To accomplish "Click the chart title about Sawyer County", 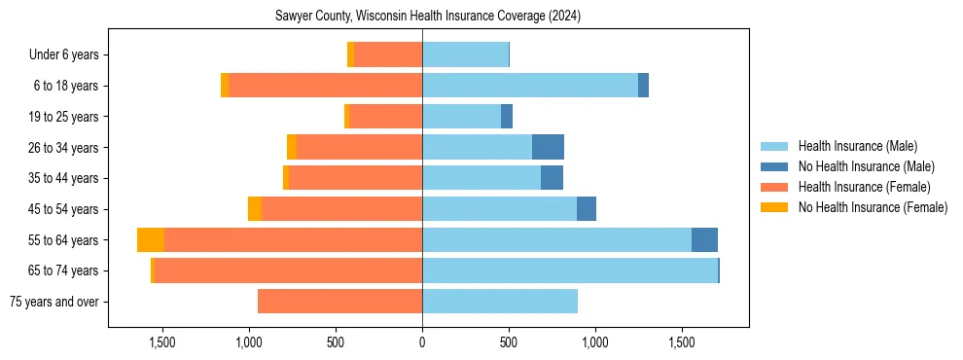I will pyautogui.click(x=429, y=17).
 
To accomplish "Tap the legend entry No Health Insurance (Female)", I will pyautogui.click(x=872, y=207).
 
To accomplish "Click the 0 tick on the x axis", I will pyautogui.click(x=422, y=342).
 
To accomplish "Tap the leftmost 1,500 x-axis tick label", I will pyautogui.click(x=162, y=342).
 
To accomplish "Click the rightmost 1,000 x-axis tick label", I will pyautogui.click(x=595, y=342).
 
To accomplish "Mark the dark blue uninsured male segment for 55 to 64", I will pyautogui.click(x=704, y=240).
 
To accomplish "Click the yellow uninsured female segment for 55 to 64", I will pyautogui.click(x=151, y=240).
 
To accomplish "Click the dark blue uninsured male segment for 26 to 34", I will pyautogui.click(x=548, y=147).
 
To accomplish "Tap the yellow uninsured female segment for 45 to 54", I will pyautogui.click(x=255, y=209).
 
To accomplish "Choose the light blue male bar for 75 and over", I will pyautogui.click(x=500, y=302).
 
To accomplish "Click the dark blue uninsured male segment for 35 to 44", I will pyautogui.click(x=552, y=178).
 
